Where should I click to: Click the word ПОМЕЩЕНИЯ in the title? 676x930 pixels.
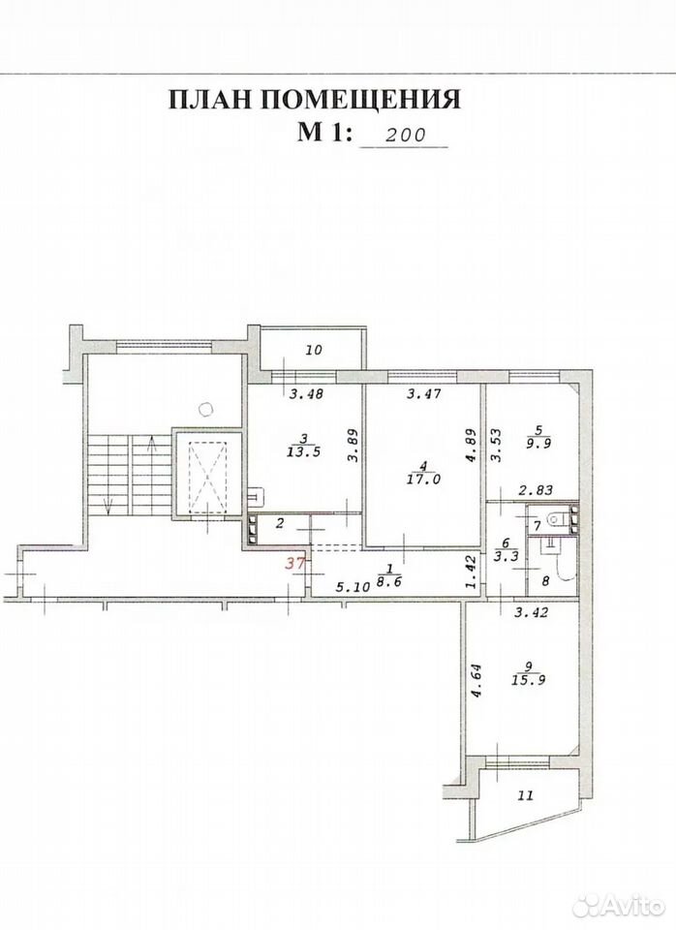[361, 100]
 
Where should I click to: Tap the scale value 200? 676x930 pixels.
[406, 135]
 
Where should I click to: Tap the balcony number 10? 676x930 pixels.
[314, 350]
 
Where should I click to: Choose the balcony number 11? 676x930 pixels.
[526, 795]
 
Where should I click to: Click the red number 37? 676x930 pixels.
[294, 564]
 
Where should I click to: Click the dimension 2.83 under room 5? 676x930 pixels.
[537, 490]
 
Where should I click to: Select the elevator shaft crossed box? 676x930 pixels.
[208, 474]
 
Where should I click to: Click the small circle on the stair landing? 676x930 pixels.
[206, 408]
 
